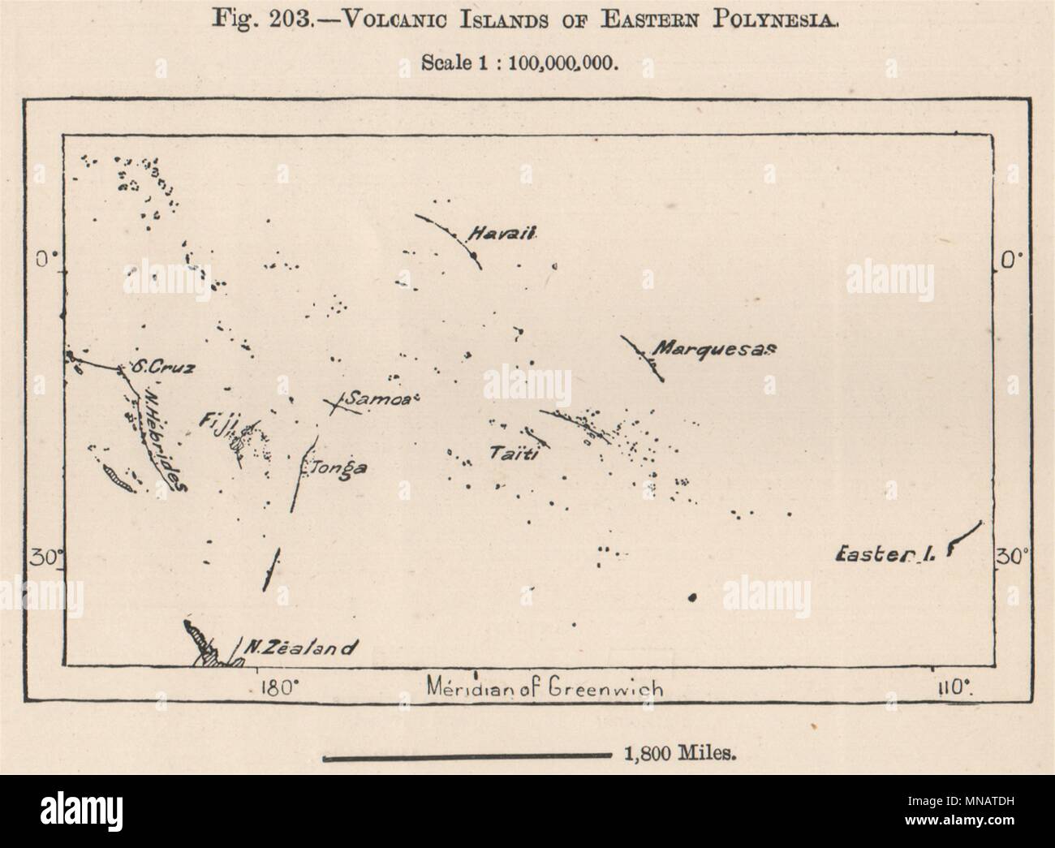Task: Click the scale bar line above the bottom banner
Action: pyautogui.click(x=466, y=759)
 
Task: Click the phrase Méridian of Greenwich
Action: pyautogui.click(x=543, y=689)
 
